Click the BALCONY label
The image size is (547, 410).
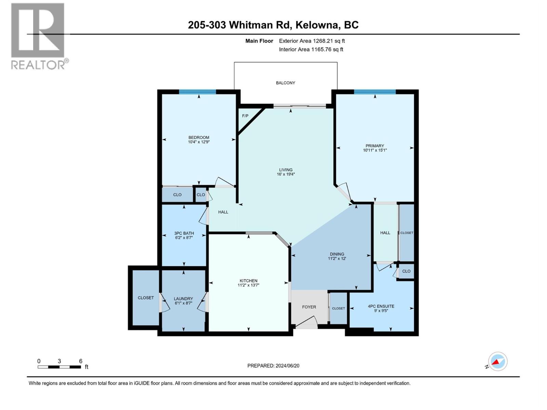point(285,83)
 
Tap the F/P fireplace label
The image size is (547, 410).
point(245,116)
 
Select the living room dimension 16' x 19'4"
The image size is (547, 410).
point(285,174)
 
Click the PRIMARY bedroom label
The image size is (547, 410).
point(375,146)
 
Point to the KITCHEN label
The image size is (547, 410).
point(249,281)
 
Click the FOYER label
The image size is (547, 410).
point(309,307)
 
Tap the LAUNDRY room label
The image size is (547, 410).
point(183,298)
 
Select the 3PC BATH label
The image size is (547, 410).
point(184,233)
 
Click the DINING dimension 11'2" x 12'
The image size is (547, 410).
point(337,259)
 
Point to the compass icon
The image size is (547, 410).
point(497,361)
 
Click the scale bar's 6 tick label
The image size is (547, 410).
point(81,361)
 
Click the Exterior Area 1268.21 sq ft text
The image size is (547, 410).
point(312,41)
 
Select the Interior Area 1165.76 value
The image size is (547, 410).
point(326,49)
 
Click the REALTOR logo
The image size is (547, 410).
point(38,36)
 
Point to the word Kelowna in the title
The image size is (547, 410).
point(317,25)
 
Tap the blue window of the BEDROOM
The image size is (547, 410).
point(198,92)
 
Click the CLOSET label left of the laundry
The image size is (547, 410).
point(146,298)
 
